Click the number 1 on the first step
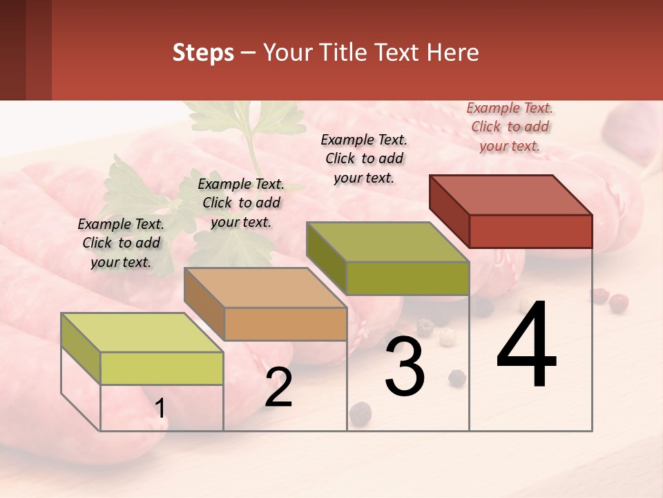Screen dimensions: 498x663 click(x=160, y=409)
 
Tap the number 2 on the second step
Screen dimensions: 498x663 click(x=278, y=387)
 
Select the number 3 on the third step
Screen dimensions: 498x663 click(x=405, y=367)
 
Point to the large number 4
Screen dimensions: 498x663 click(x=527, y=346)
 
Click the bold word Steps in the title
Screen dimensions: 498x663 click(x=203, y=53)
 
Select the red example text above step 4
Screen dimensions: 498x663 click(x=510, y=127)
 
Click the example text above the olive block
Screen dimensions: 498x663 click(x=364, y=158)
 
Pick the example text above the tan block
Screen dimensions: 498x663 click(x=241, y=203)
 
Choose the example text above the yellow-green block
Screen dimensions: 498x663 click(x=121, y=243)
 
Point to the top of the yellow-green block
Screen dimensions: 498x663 click(x=142, y=333)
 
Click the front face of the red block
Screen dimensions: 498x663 click(x=530, y=231)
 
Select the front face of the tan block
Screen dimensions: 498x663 click(x=285, y=324)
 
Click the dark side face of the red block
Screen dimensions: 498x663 click(x=449, y=211)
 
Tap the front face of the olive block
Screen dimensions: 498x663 click(x=407, y=278)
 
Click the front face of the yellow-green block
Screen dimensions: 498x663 click(x=162, y=368)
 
